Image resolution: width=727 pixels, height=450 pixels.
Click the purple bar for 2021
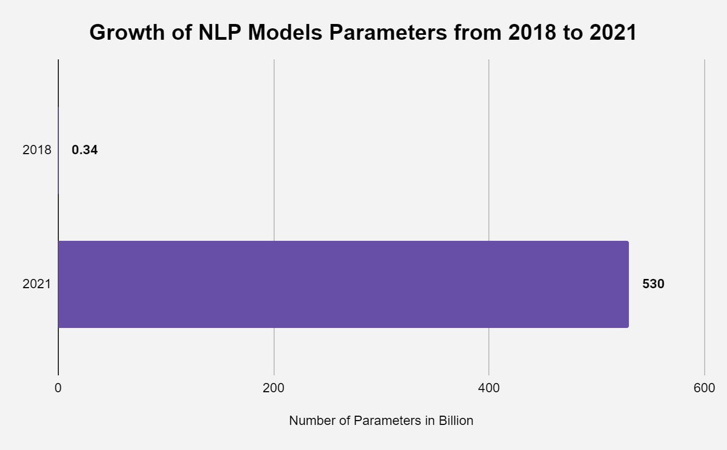pyautogui.click(x=343, y=284)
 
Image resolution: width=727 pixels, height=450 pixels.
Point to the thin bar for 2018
pyautogui.click(x=58, y=150)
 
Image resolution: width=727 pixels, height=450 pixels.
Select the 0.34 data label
pyautogui.click(x=84, y=150)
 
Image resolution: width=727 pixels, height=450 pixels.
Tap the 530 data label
pyautogui.click(x=653, y=284)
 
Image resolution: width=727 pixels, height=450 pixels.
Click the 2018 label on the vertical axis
pyautogui.click(x=37, y=150)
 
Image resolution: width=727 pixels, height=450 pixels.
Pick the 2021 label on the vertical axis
pyautogui.click(x=37, y=284)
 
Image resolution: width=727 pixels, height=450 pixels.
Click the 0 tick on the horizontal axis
pyautogui.click(x=58, y=388)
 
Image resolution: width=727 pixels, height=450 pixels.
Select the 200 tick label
pyautogui.click(x=274, y=388)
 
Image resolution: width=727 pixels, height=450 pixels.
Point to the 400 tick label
pyautogui.click(x=489, y=388)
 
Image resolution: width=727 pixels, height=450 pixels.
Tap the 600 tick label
pyautogui.click(x=704, y=388)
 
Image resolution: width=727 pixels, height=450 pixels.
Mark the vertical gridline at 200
pyautogui.click(x=274, y=207)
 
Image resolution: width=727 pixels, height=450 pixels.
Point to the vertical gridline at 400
pyautogui.click(x=489, y=207)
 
